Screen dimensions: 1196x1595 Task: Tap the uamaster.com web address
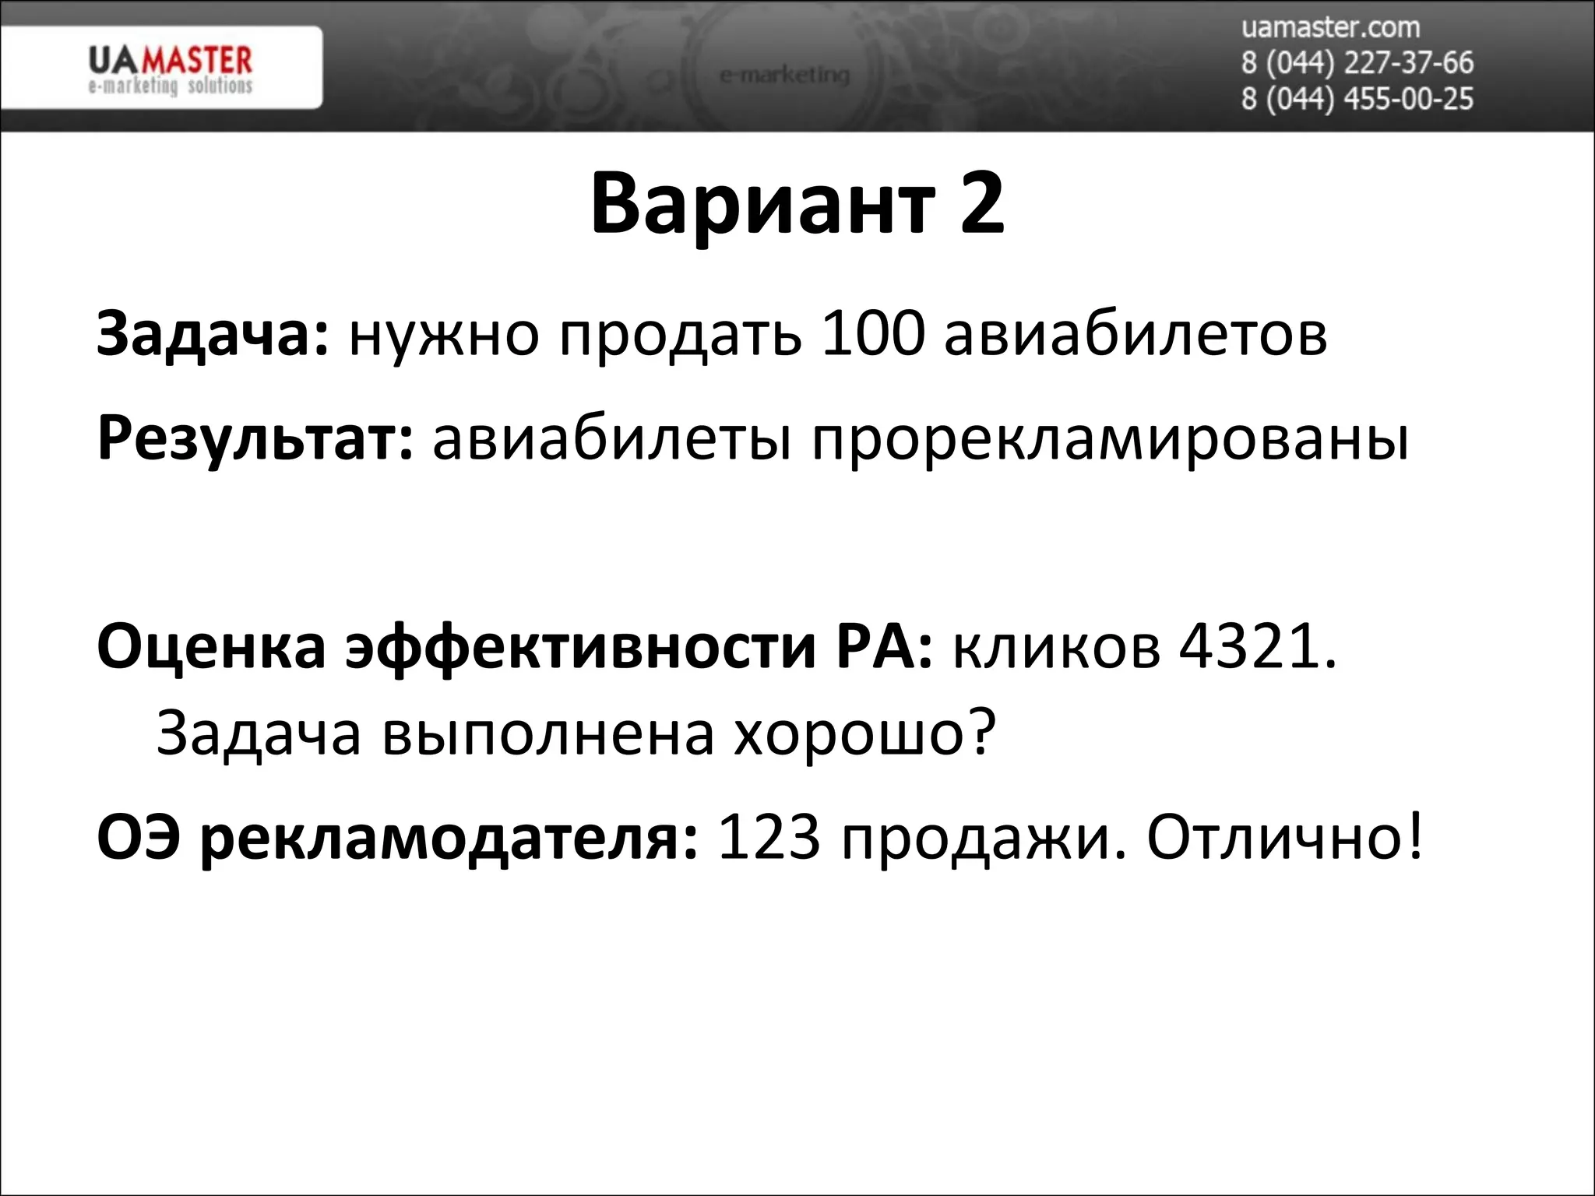pyautogui.click(x=1330, y=27)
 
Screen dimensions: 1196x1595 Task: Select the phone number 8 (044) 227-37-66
pyautogui.click(x=1357, y=62)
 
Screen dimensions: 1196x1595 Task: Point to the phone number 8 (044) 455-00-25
pyautogui.click(x=1357, y=99)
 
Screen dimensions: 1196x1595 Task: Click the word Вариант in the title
pyautogui.click(x=762, y=204)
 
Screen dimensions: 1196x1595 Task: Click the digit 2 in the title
pyautogui.click(x=982, y=204)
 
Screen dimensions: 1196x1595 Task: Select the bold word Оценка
pyautogui.click(x=211, y=648)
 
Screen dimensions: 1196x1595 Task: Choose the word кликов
pyautogui.click(x=1056, y=648)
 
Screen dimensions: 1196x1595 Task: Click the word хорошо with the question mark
pyautogui.click(x=864, y=733)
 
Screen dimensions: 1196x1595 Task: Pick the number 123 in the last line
pyautogui.click(x=769, y=839)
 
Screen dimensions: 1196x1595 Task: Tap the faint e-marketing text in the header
pyautogui.click(x=784, y=76)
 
